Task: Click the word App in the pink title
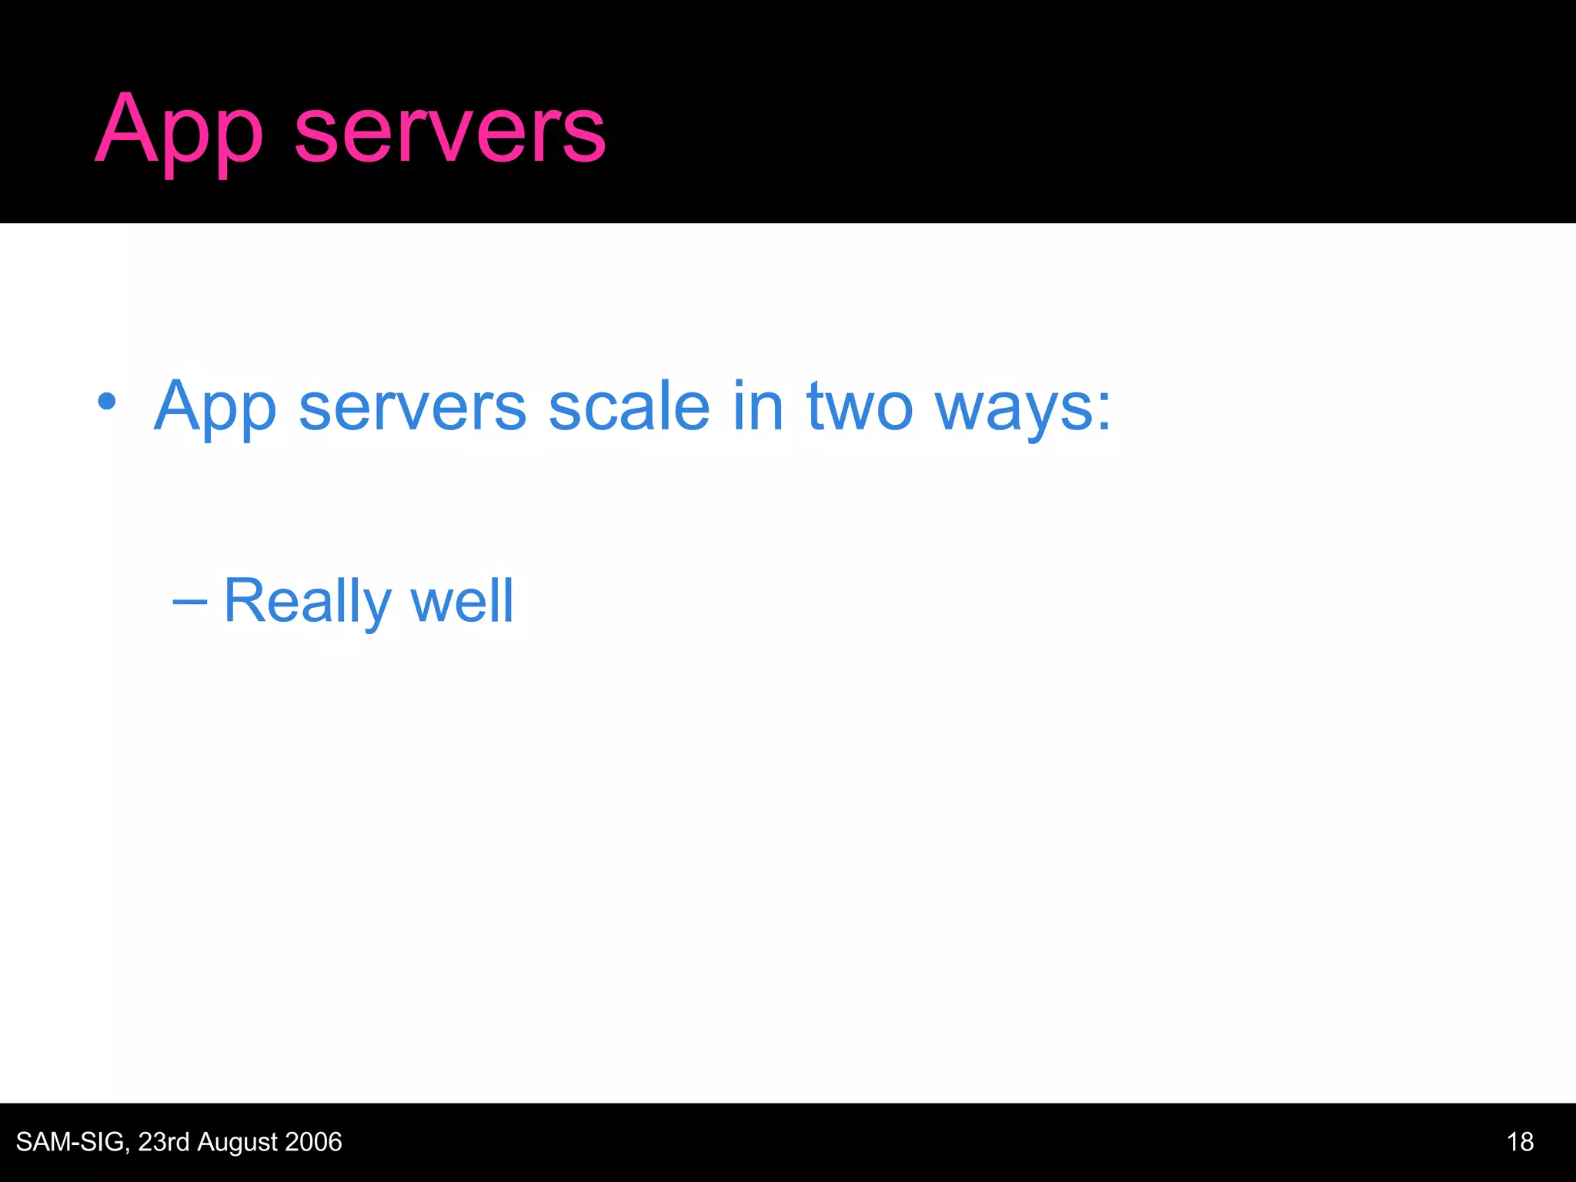179,131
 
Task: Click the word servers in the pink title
450,131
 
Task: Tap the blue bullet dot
107,401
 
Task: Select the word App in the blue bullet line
215,408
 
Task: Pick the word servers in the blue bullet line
412,408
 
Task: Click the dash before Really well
189,603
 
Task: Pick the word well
462,601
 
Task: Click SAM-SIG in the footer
69,1142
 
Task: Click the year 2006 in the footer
313,1142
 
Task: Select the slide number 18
1520,1142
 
